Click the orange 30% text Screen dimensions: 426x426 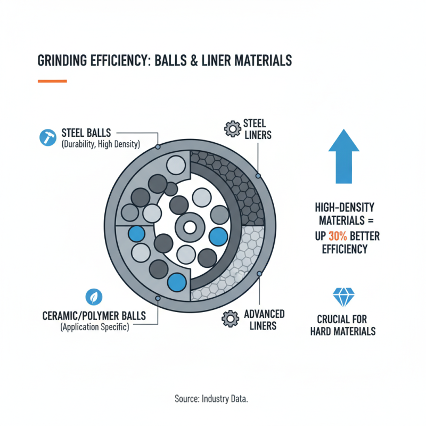pos(335,236)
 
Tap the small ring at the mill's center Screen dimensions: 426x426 pos(189,228)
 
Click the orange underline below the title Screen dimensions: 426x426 pos(52,81)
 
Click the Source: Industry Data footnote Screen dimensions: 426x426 pos(213,398)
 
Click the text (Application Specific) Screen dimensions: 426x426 pos(94,327)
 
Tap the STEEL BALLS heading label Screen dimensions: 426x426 pos(86,132)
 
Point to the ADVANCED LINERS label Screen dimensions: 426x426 pos(264,319)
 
